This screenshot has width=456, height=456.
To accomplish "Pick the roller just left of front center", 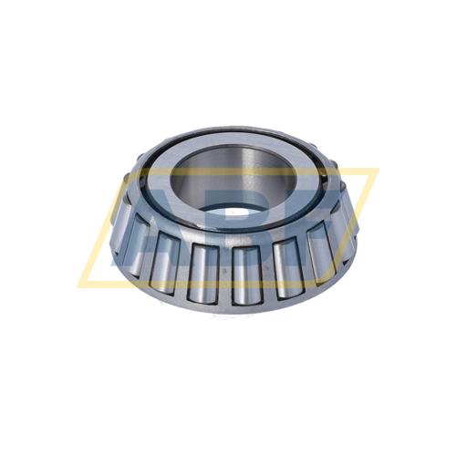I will pyautogui.click(x=208, y=274).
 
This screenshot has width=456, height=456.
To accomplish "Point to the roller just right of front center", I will pyautogui.click(x=248, y=274).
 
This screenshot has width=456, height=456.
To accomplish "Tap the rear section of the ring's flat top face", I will pyautogui.click(x=228, y=139).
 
